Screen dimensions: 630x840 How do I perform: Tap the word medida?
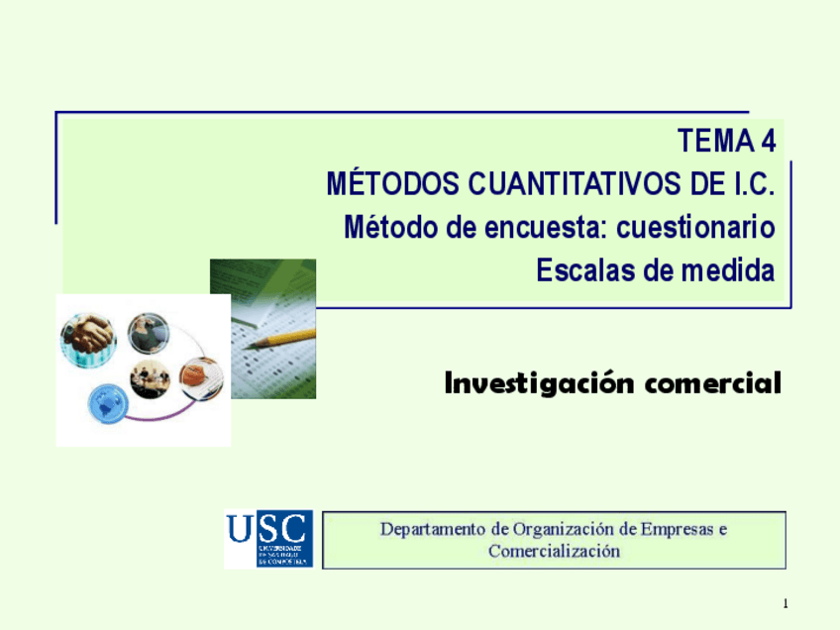[727, 270]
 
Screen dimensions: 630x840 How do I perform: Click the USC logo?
[267, 539]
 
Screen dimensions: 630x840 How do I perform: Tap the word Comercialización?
[554, 551]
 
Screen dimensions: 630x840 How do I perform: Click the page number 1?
[784, 604]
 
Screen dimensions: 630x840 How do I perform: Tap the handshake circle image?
[88, 340]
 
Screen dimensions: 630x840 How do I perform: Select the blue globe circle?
[107, 401]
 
